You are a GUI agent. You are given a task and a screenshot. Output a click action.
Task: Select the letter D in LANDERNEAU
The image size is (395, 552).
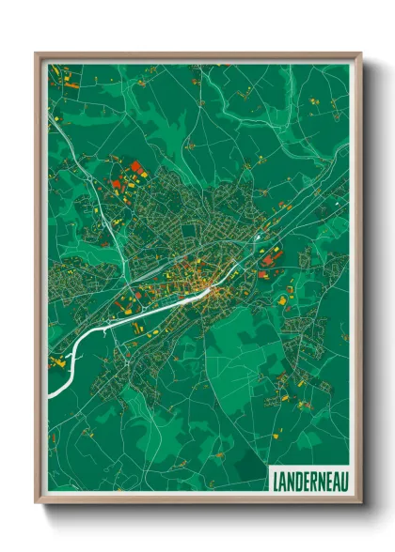point(297,479)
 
